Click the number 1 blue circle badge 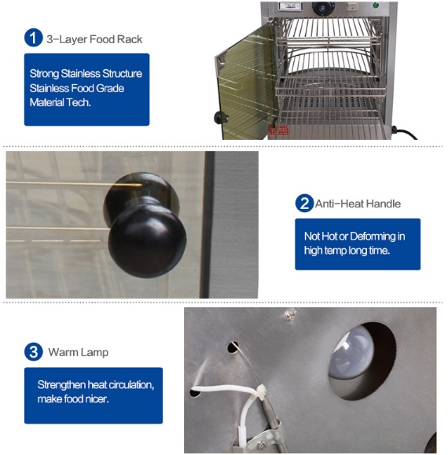pos(33,38)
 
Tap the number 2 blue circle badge pos(304,203)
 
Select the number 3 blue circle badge pos(34,352)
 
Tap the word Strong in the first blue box pos(44,74)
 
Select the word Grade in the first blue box pos(110,88)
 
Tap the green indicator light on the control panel pos(376,5)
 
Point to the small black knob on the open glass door pos(221,118)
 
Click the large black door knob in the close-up pos(145,226)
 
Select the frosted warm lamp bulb pos(351,351)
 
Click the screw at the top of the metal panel pos(289,315)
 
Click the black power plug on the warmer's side pos(396,130)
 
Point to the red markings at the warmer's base pos(278,130)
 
